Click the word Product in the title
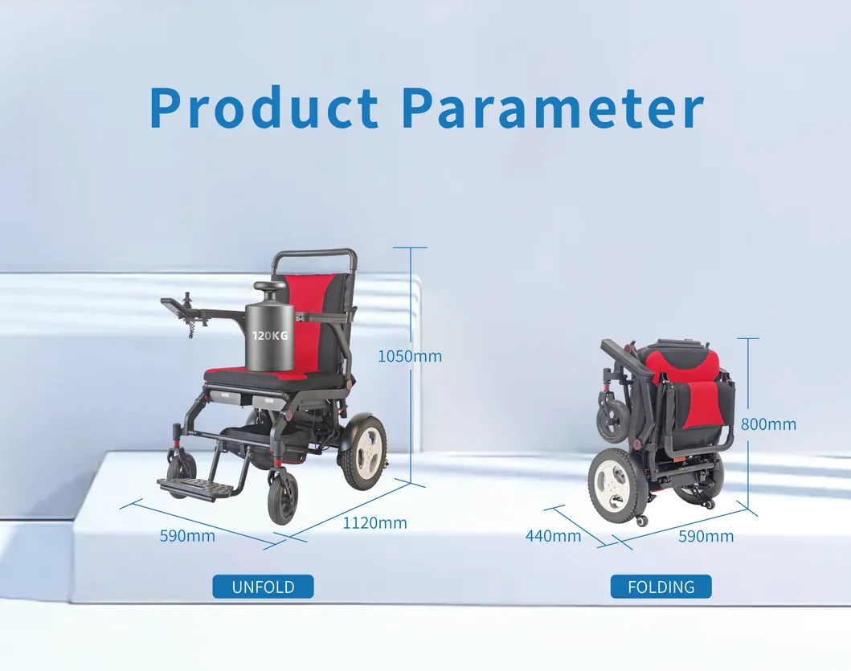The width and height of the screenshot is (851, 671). pos(264,108)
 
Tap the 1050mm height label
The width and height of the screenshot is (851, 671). pos(409,356)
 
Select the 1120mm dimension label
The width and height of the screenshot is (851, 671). pos(374,523)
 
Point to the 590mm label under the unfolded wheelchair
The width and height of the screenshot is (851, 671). pos(187,535)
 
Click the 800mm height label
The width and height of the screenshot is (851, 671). pos(768,424)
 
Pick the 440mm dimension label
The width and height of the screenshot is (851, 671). pos(553,536)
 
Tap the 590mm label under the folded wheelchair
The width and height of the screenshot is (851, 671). pos(706,536)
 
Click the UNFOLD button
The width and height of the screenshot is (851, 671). pos(263,587)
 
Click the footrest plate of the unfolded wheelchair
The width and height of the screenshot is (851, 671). pos(187,488)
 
